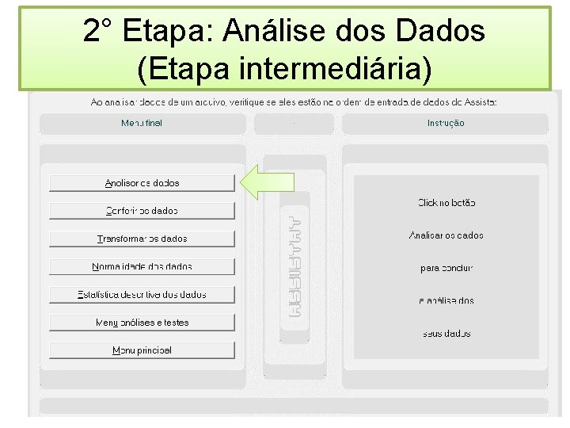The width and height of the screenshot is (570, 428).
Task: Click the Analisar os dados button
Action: tap(142, 183)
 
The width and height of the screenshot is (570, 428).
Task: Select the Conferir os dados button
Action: tap(142, 211)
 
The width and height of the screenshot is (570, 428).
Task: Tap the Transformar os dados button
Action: tap(142, 239)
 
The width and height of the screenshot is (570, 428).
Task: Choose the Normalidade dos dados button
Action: tap(142, 267)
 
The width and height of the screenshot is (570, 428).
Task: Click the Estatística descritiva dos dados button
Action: tap(142, 295)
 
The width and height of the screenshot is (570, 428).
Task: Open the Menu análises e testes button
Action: tap(142, 323)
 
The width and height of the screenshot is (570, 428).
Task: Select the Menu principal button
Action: tap(142, 350)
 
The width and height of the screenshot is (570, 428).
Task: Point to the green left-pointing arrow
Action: tap(267, 183)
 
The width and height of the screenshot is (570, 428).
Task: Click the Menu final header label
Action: tap(142, 123)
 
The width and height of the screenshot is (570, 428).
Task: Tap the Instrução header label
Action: tap(446, 123)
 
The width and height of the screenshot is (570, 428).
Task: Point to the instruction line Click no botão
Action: tap(446, 203)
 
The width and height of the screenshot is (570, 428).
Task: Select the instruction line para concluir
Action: tap(446, 268)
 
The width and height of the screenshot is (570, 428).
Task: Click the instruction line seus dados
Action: tap(446, 334)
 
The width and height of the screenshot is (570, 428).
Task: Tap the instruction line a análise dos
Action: tap(446, 300)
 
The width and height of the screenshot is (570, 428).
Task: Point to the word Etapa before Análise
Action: tap(169, 32)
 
